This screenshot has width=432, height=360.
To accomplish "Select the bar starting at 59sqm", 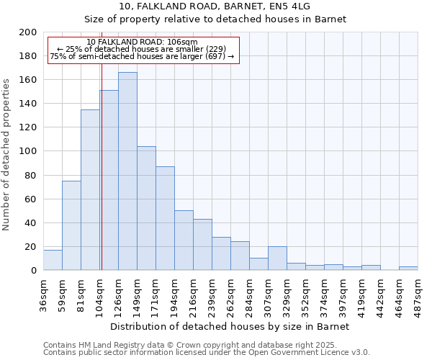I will coord(71,225).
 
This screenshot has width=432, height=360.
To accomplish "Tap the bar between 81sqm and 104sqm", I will coord(90,190).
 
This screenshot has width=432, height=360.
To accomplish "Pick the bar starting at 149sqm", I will coord(146,208).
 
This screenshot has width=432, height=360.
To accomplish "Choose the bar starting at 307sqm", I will coord(277,258).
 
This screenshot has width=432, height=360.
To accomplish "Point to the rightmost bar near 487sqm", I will coord(408,268).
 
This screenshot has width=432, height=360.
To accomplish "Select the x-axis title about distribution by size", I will coord(230,326).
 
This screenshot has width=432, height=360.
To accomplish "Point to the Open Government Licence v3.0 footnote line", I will coord(207,352).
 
